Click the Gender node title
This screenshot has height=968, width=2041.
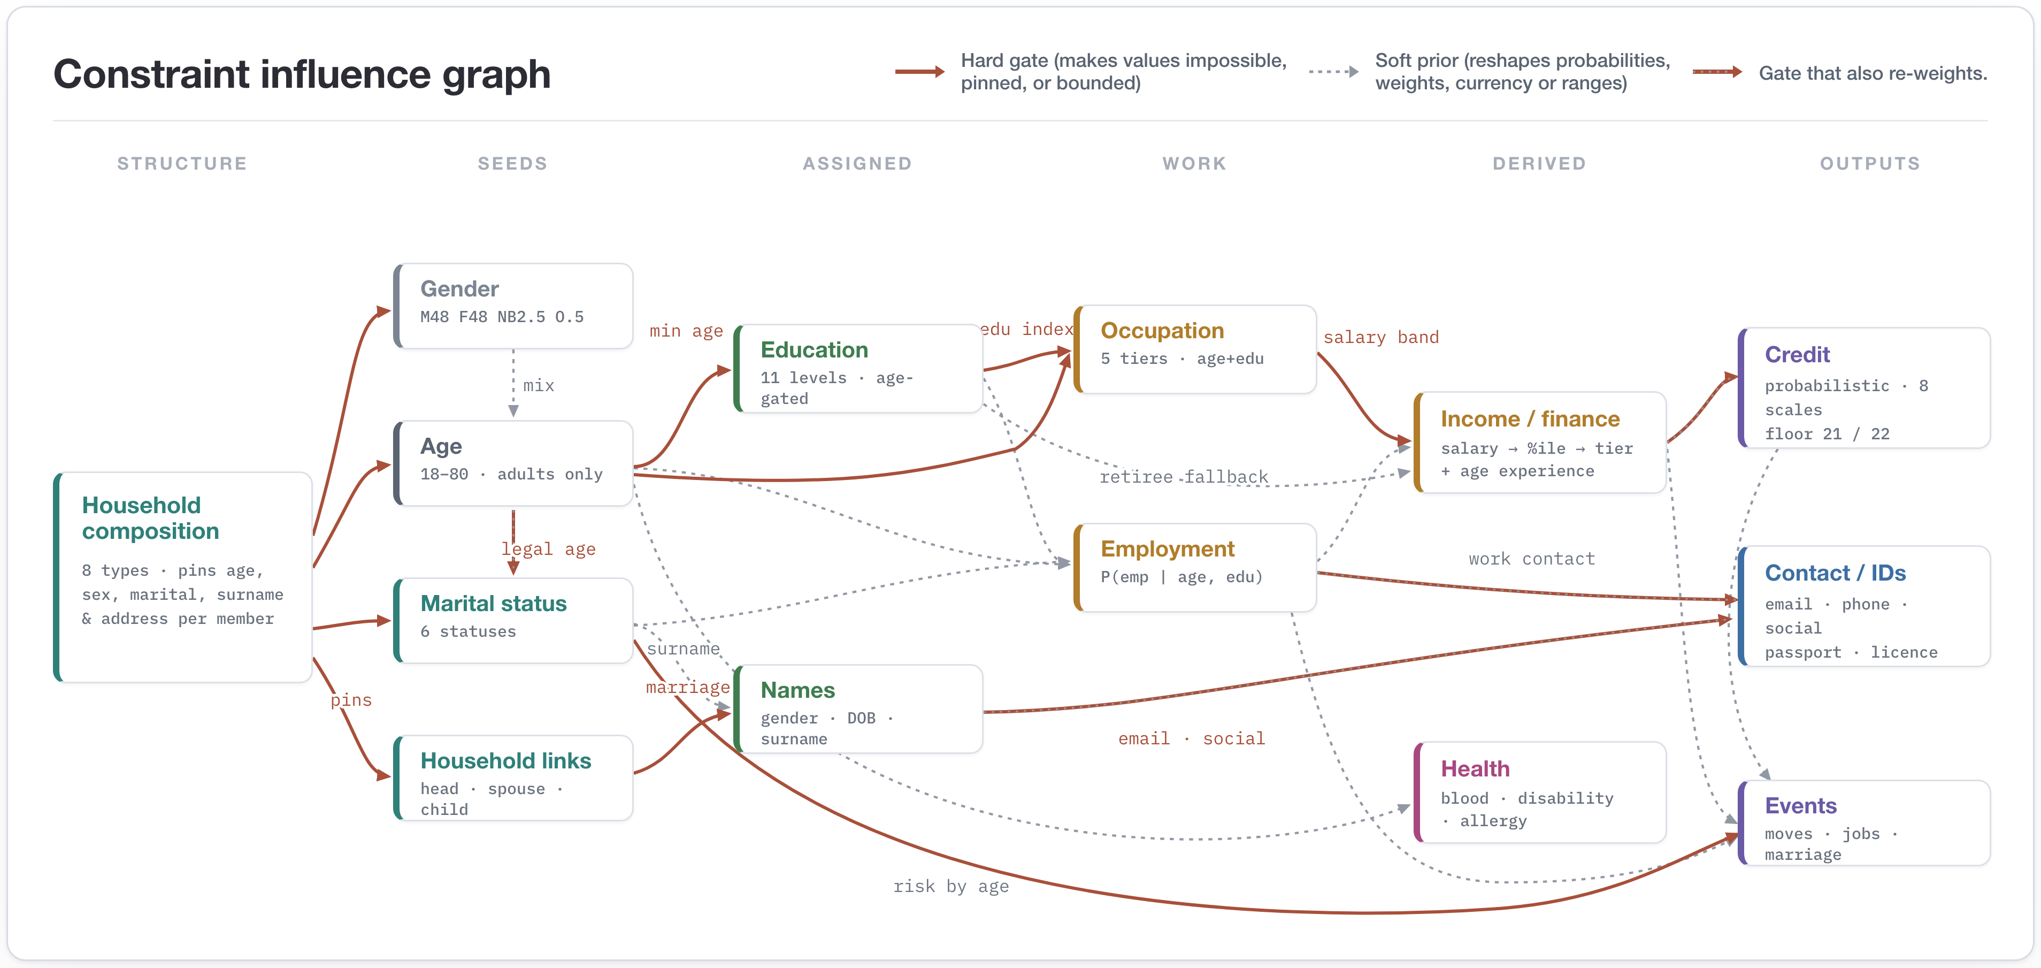[459, 288]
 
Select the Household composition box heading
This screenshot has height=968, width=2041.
[150, 517]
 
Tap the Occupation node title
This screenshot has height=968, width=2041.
[1162, 331]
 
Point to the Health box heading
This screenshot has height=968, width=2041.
[1475, 768]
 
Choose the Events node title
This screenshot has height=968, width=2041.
[1801, 805]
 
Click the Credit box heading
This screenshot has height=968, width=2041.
[1797, 354]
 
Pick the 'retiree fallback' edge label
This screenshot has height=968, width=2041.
[1184, 476]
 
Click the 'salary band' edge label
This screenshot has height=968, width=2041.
[1381, 337]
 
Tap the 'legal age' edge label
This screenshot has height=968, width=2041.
[548, 548]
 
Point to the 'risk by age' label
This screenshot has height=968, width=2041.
[951, 886]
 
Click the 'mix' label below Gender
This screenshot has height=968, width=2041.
[539, 385]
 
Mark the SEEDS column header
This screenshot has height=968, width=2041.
[512, 163]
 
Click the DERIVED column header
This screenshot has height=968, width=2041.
[1539, 163]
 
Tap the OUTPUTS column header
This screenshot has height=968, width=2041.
[1870, 163]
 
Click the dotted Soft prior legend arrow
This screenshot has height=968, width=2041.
[1333, 71]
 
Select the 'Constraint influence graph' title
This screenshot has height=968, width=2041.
[302, 74]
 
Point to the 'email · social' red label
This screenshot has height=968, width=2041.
[1192, 738]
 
